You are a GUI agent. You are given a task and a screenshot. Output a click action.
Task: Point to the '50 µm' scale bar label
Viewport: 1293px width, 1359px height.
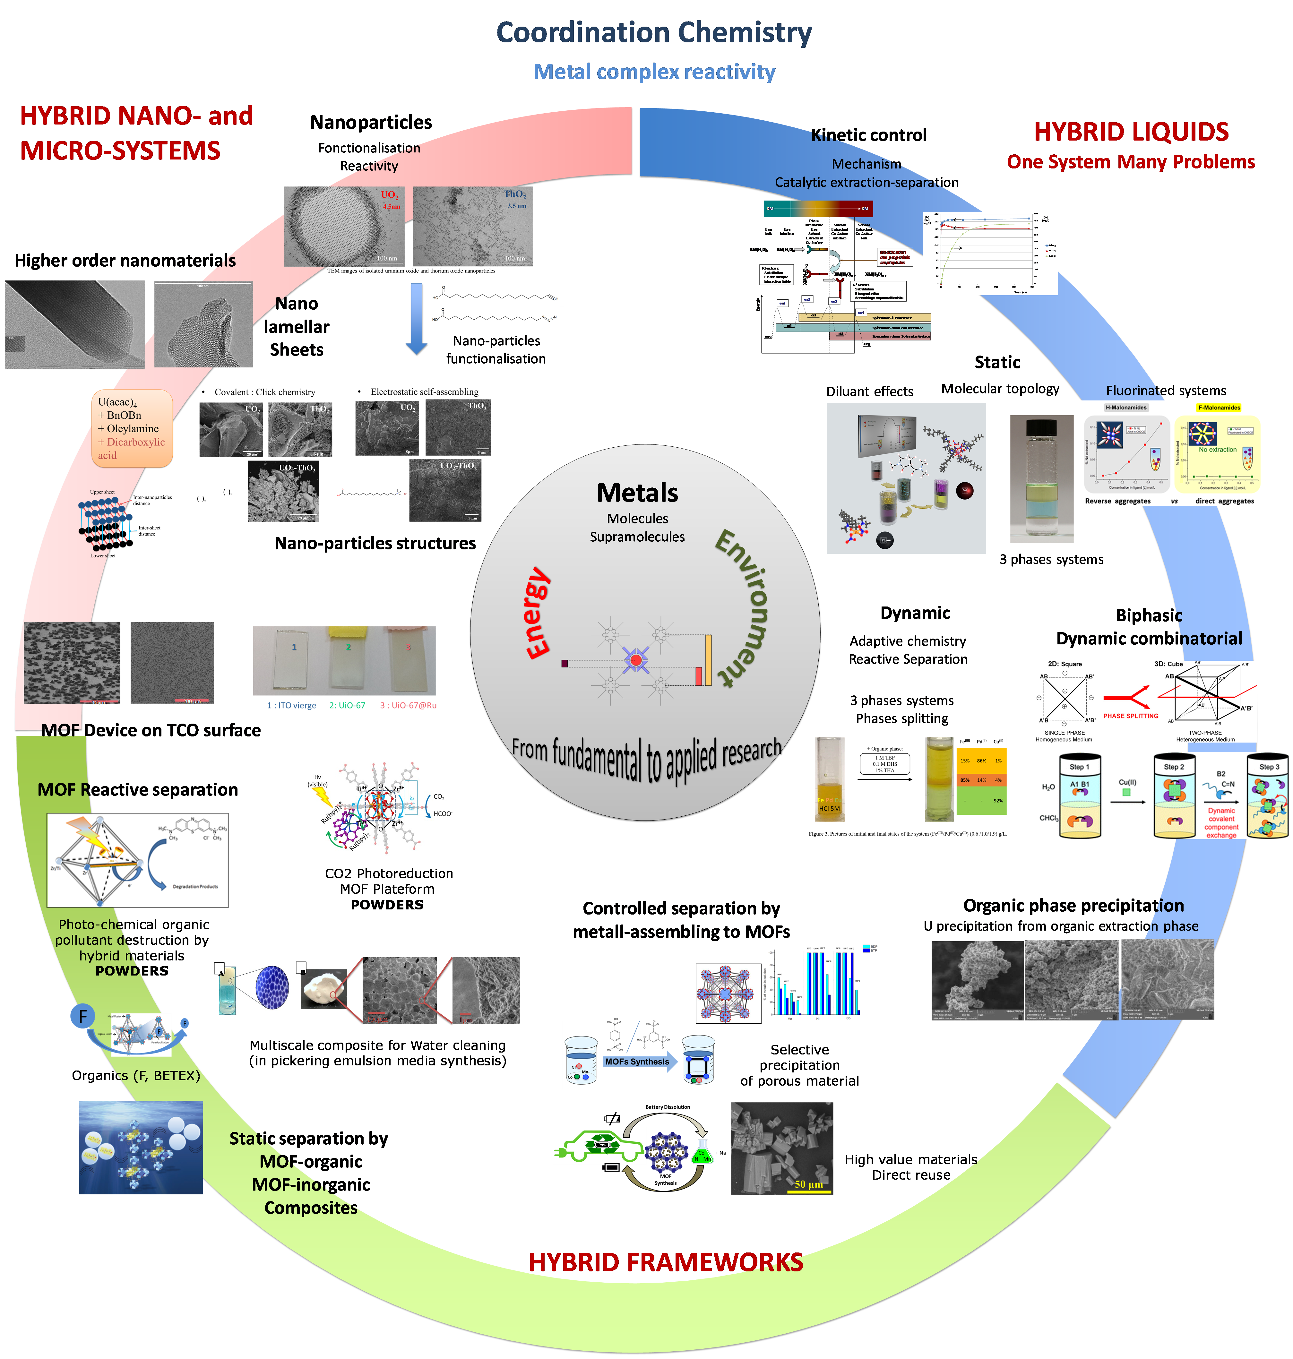[808, 1184]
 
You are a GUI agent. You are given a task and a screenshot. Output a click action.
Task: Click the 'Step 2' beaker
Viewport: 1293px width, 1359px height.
[1174, 796]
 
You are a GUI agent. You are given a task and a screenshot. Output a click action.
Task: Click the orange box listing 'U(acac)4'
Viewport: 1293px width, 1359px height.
[132, 428]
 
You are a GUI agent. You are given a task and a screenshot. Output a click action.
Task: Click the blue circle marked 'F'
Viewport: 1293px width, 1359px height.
[83, 1016]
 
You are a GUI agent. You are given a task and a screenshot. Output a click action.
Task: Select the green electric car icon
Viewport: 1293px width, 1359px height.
[598, 1146]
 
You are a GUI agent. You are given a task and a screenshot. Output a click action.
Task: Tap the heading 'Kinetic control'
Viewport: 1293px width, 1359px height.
[868, 135]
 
